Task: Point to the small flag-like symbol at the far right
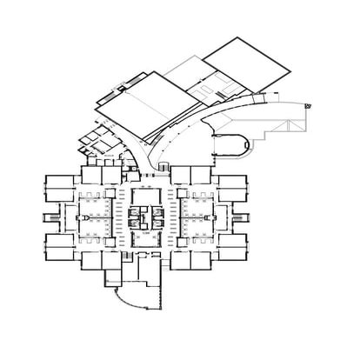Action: (309, 105)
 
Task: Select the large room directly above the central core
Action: (146, 186)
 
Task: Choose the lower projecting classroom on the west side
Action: (57, 246)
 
